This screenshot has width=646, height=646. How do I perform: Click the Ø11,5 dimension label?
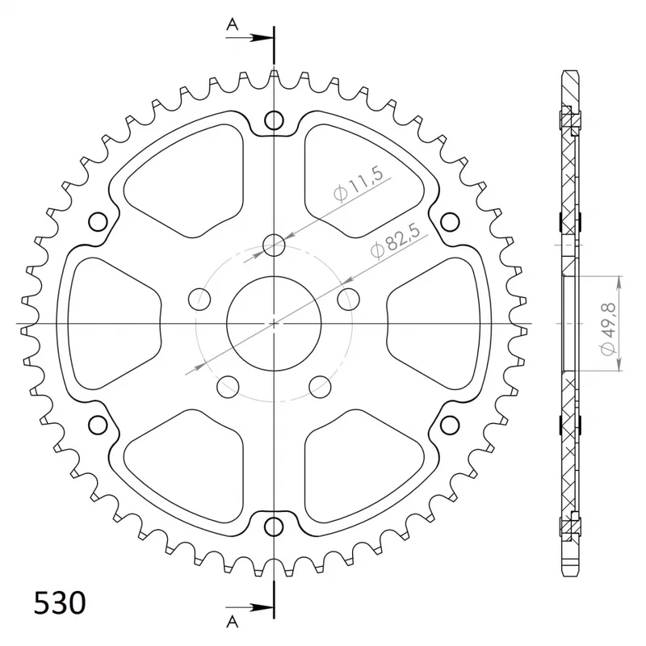pyautogui.click(x=359, y=183)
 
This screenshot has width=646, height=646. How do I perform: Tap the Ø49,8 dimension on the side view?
pyautogui.click(x=608, y=329)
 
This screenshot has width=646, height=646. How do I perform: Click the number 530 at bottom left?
pyautogui.click(x=60, y=603)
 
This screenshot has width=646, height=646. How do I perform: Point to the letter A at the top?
pyautogui.click(x=233, y=25)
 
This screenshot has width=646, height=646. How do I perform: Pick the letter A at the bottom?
pyautogui.click(x=233, y=621)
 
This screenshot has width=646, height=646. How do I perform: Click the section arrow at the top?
pyautogui.click(x=250, y=38)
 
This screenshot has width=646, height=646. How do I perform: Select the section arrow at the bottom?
pyautogui.click(x=250, y=607)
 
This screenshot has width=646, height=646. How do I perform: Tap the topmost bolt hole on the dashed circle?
pyautogui.click(x=274, y=245)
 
